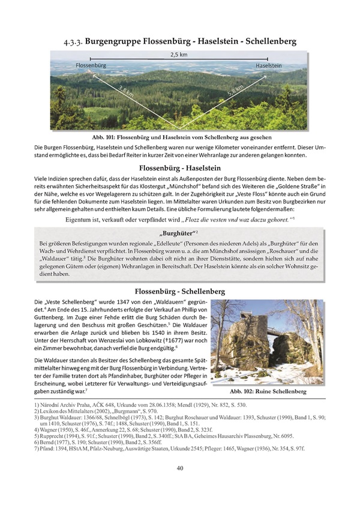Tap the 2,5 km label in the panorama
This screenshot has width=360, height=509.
coord(179,55)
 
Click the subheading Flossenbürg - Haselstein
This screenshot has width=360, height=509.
coord(179,168)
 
